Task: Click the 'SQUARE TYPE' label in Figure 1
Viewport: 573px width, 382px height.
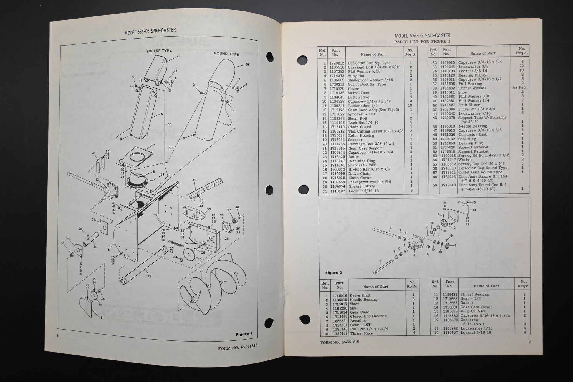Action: [x=159, y=51]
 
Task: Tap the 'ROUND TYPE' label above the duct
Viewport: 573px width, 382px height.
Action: [x=226, y=54]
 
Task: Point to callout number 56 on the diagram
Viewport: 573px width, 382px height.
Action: [x=248, y=65]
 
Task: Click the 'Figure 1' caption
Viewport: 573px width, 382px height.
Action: [x=244, y=334]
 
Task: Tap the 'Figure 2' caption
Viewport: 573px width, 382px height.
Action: [x=334, y=273]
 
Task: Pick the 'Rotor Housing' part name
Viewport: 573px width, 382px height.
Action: [x=361, y=135]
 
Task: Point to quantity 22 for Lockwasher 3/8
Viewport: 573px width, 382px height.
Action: [x=522, y=66]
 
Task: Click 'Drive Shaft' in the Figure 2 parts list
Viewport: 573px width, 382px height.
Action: [x=360, y=295]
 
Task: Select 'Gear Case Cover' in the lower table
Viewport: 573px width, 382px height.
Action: [x=476, y=307]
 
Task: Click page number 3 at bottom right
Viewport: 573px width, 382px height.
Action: [x=529, y=341]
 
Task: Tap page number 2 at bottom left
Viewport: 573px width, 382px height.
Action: [x=57, y=335]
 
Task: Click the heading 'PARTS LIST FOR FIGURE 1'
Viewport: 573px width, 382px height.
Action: [x=422, y=42]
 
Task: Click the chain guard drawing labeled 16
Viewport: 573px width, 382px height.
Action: [x=88, y=307]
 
